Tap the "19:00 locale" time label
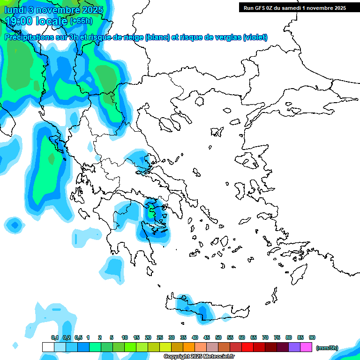coord(37,21)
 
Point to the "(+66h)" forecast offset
coord(81,21)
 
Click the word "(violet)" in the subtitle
coord(255,37)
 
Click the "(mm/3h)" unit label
coord(327,348)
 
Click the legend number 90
coord(312,337)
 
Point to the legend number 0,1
coord(55,337)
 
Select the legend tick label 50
coord(218,337)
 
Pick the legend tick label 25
coord(160,337)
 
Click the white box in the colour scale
coord(48,347)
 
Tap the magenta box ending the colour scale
coord(306,347)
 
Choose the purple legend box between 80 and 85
coord(294,347)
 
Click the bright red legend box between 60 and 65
coord(247,347)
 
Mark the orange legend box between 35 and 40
coord(188,347)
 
